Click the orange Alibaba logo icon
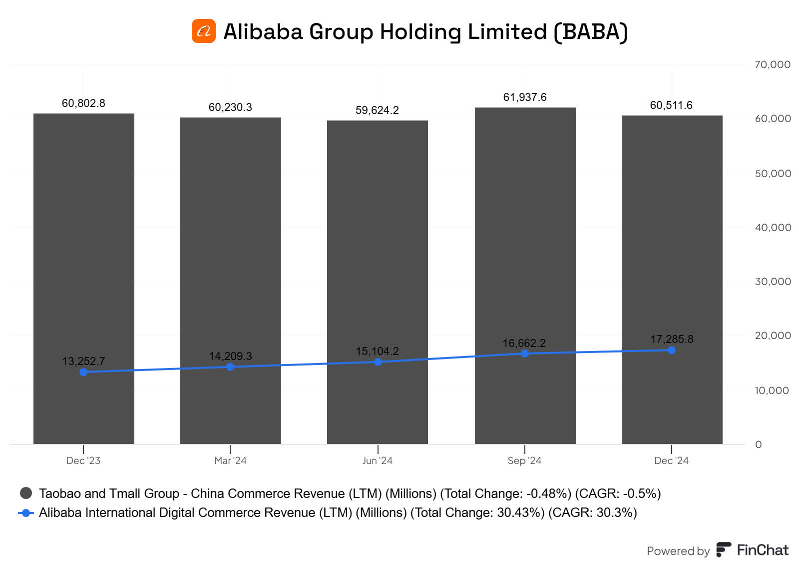click(204, 31)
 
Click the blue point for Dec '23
click(83, 372)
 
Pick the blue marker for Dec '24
click(672, 350)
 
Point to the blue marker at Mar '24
click(230, 367)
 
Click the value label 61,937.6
click(525, 97)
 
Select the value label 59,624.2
click(378, 110)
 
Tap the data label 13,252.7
click(83, 361)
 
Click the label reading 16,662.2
click(524, 343)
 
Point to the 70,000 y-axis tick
click(773, 64)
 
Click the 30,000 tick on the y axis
click(773, 281)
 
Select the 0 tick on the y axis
click(759, 444)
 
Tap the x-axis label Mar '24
click(230, 460)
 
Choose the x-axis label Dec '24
click(671, 460)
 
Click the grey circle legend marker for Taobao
click(26, 493)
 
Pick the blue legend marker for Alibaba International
click(26, 513)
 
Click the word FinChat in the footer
click(763, 550)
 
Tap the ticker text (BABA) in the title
click(590, 31)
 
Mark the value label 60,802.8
click(83, 103)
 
